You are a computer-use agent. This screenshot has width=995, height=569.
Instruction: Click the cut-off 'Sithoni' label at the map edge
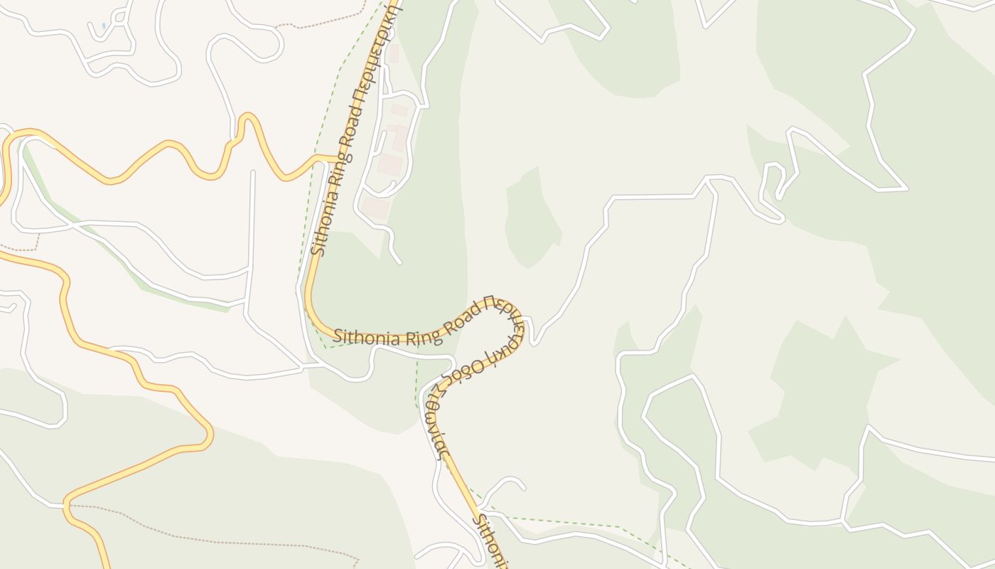click(x=492, y=541)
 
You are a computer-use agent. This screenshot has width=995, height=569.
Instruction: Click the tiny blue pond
click(x=104, y=26)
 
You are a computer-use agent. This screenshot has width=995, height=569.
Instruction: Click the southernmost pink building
click(x=375, y=208)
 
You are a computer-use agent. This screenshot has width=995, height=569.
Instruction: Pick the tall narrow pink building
click(x=402, y=138)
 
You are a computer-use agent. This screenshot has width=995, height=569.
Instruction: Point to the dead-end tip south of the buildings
click(x=399, y=262)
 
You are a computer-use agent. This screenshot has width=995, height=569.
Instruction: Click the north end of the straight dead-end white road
click(x=253, y=173)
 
